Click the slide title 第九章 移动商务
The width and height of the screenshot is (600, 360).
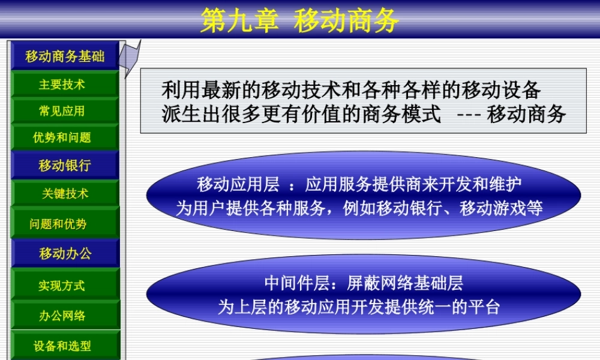pos(299,20)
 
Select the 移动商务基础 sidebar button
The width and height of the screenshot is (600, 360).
pos(65,56)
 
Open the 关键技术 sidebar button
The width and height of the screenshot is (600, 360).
pos(65,194)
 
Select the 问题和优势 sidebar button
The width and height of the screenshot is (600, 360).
pos(58,224)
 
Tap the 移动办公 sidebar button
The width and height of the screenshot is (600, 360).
pos(65,253)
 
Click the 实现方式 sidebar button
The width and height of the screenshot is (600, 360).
pos(62,286)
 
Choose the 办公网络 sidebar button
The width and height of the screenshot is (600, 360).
pos(62,316)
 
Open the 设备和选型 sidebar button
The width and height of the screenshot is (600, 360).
pos(62,346)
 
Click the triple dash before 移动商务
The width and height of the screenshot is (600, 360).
pos(469,114)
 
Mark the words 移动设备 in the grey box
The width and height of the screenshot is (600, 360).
pos(512,90)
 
